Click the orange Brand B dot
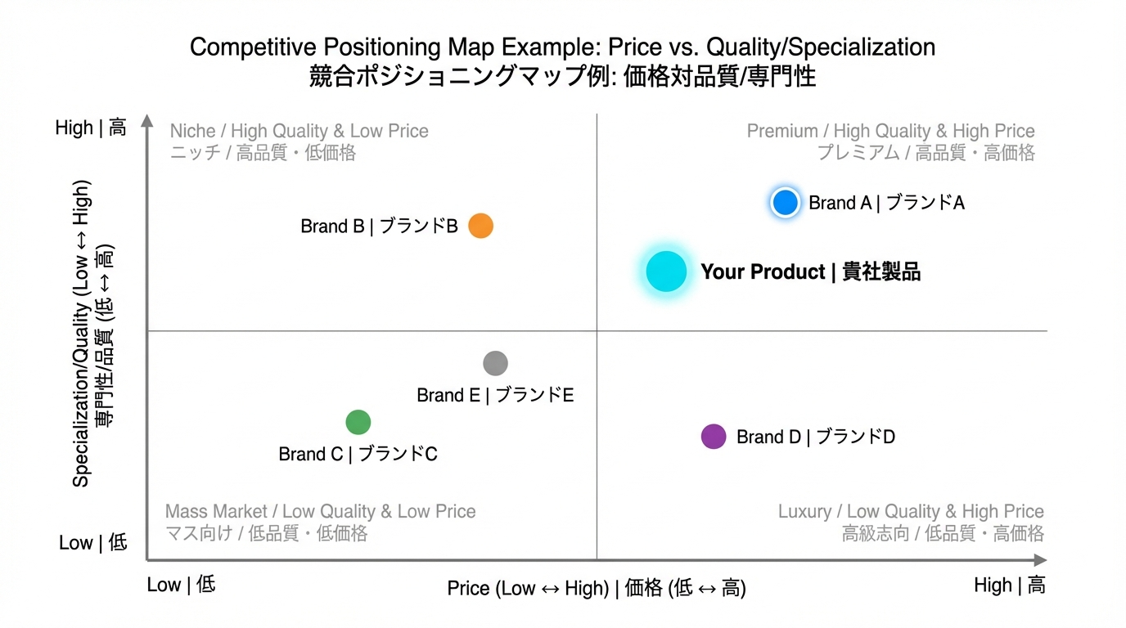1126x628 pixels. pyautogui.click(x=480, y=226)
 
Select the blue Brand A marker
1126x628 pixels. pyautogui.click(x=785, y=202)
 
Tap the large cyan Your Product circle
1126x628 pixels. pyautogui.click(x=666, y=271)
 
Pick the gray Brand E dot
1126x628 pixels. pyautogui.click(x=495, y=363)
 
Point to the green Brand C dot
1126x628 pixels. pyautogui.click(x=358, y=422)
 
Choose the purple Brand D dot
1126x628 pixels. pyautogui.click(x=714, y=437)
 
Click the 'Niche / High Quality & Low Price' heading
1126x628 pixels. pyautogui.click(x=299, y=131)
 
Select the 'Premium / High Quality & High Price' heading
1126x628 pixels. pyautogui.click(x=890, y=131)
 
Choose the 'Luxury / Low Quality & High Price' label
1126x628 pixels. pyautogui.click(x=910, y=512)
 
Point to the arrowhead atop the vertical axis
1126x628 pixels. pyautogui.click(x=147, y=121)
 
